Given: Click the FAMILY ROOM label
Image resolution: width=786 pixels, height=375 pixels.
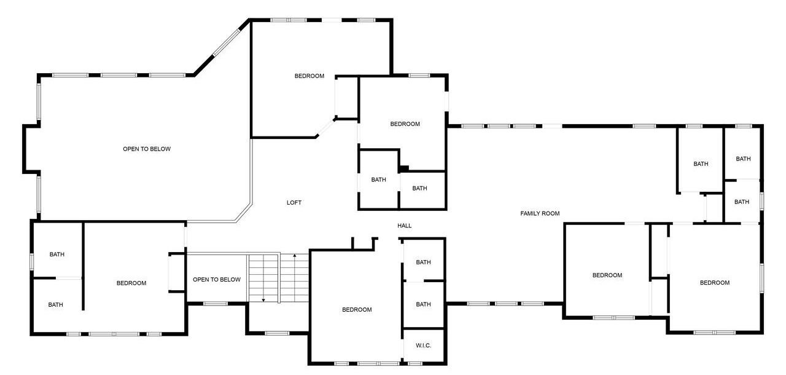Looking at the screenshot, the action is pos(540,213).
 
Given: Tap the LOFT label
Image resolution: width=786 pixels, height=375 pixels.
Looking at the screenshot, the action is pos(294,203).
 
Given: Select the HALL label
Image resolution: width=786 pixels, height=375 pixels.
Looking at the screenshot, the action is pos(404,226).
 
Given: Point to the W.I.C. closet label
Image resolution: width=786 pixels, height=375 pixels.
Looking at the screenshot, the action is pos(423,345).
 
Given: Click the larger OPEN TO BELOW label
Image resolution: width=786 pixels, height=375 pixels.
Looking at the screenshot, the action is pos(147,149).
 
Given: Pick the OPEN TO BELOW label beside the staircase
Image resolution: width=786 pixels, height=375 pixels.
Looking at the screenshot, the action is pos(217,280).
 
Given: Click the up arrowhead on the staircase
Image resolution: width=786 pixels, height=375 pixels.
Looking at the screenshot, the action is pos(295,255).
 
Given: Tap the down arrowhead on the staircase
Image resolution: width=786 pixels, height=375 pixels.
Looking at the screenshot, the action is pos(263,300).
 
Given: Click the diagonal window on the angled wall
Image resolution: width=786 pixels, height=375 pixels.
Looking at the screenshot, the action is pos(227,42).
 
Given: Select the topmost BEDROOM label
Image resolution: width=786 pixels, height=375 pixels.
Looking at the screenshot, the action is pos(309,76).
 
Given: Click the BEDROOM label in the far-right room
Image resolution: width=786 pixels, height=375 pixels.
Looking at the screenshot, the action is pos(714,283).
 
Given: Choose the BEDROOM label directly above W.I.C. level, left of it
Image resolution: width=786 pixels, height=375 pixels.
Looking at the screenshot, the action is pos(357,310).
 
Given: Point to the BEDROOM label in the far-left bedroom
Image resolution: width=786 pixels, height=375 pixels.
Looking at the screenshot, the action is pos(131,283).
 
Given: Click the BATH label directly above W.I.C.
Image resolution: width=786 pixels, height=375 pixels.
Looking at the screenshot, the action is pos(423,304).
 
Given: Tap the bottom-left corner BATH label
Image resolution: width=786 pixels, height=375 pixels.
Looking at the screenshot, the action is pos(55,305).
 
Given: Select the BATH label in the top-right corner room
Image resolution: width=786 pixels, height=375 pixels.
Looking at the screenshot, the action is pos(743,159).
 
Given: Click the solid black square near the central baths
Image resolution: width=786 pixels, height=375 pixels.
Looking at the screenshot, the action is pos(404,169).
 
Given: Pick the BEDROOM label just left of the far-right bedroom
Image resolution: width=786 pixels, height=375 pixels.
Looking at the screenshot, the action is pos(607,275).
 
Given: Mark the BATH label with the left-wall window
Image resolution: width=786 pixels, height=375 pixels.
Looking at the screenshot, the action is pos(57,255).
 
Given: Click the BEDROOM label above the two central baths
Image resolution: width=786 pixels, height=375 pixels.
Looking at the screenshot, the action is pos(405,124).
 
